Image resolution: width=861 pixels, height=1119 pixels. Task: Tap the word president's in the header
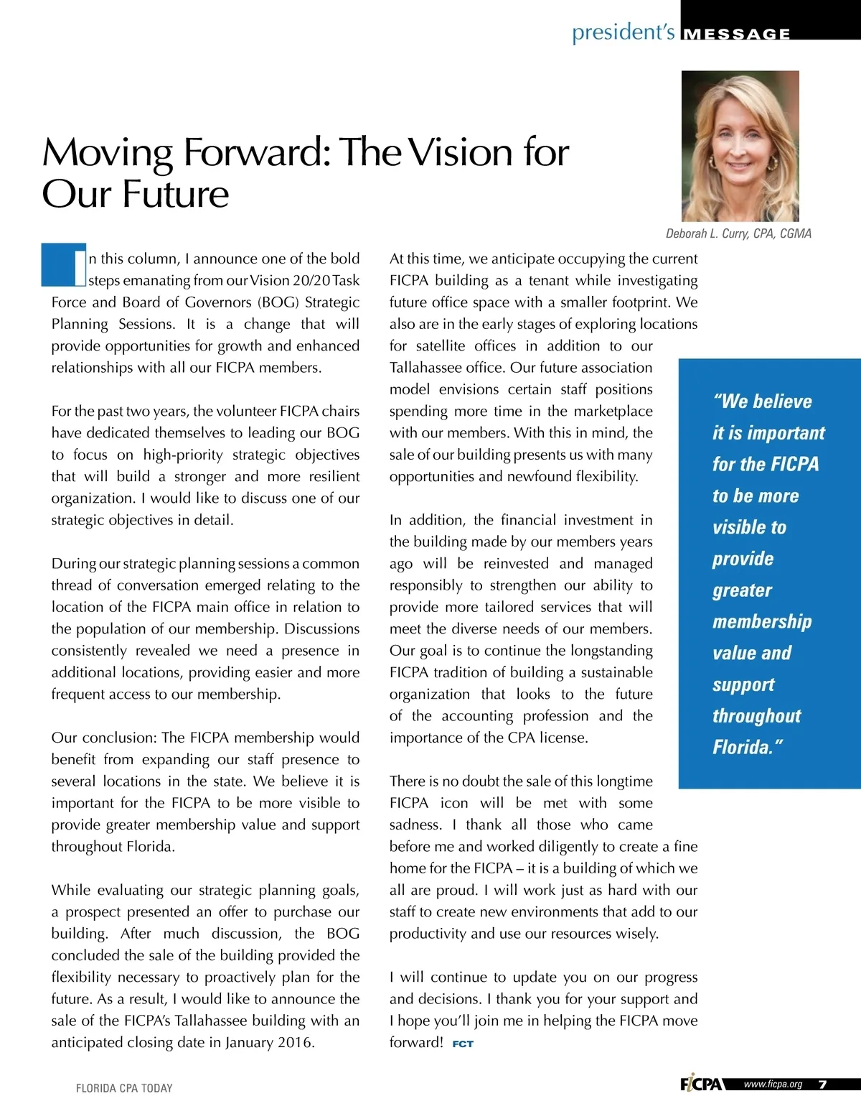click(623, 32)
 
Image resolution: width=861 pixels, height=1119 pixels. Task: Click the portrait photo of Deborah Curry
click(740, 146)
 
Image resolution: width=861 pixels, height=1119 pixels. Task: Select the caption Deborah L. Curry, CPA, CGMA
click(738, 233)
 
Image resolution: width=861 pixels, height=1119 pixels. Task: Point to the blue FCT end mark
click(463, 1044)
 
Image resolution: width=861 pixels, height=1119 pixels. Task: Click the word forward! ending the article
click(416, 1042)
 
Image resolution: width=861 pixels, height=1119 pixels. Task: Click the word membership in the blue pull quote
click(762, 621)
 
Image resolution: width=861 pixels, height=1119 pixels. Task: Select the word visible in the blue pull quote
click(739, 527)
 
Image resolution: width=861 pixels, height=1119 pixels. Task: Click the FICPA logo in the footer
click(701, 1084)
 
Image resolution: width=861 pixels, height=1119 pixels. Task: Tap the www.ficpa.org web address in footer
click(773, 1085)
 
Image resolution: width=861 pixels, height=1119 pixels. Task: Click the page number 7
click(822, 1085)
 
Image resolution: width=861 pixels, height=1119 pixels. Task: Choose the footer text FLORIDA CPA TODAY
click(124, 1088)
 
